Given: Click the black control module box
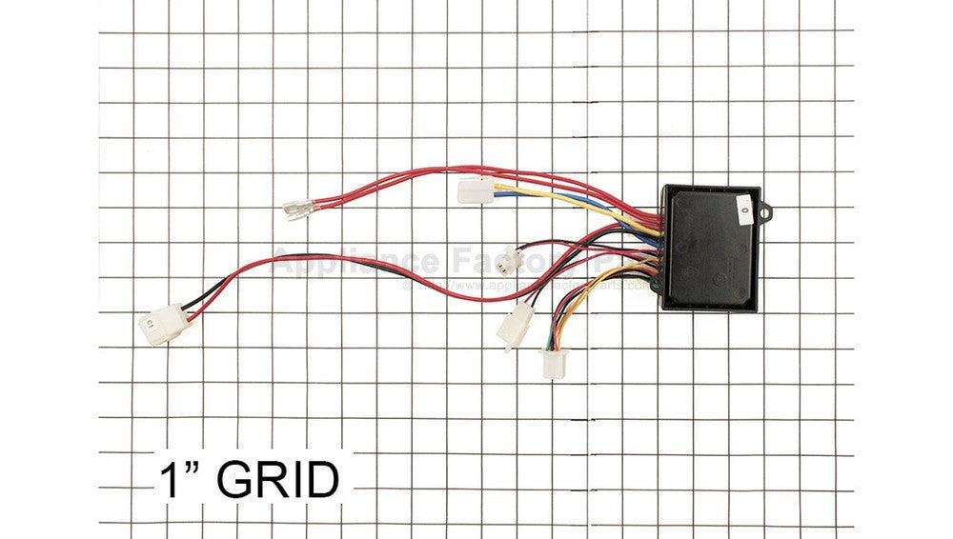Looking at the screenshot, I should (x=711, y=250).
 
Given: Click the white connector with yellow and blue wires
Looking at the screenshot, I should (x=473, y=191).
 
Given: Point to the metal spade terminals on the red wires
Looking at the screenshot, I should (x=298, y=207).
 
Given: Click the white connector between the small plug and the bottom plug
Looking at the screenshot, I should (x=515, y=326).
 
